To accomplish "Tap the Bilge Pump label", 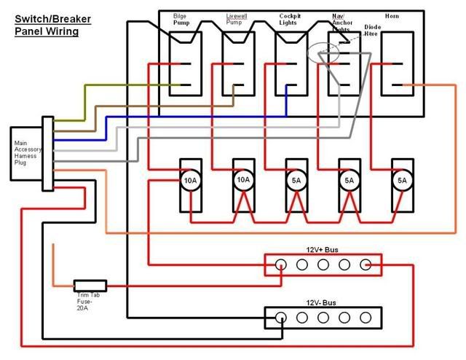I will point(181,19).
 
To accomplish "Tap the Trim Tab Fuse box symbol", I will point(90,286).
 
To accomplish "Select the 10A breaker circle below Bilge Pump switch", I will point(190,179).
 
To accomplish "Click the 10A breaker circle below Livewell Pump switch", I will point(243,179).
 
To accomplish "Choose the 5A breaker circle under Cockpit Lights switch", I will point(296,180).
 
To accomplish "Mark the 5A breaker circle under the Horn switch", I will point(401,180).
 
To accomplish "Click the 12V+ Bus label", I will point(322,249).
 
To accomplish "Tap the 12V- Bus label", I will point(322,301).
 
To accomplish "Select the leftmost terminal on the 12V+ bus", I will point(281,265).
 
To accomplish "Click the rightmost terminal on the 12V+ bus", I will point(366,265).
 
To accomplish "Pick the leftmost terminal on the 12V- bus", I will point(281,316).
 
